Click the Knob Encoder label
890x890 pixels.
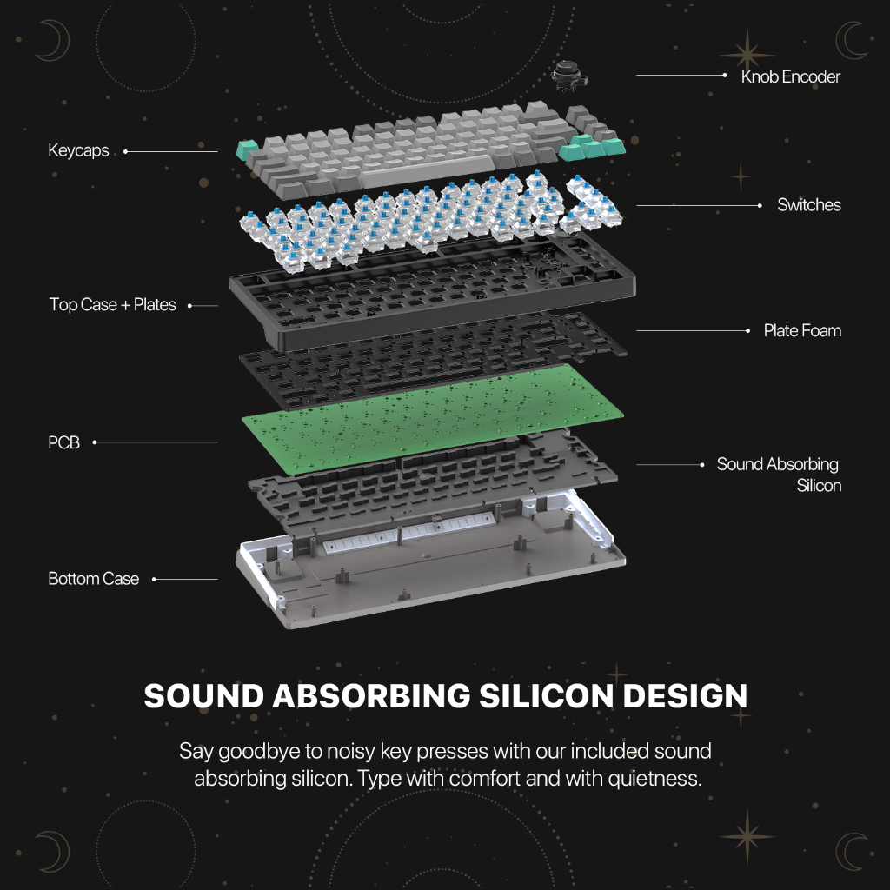tap(790, 76)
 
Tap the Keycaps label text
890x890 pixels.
tap(78, 150)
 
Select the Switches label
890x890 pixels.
tap(809, 205)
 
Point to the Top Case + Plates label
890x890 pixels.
tap(112, 305)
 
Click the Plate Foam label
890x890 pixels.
tap(802, 330)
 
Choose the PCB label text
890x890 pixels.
tap(63, 442)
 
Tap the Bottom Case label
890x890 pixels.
tap(94, 578)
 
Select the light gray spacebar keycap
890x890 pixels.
tap(427, 170)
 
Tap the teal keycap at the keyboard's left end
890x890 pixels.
tap(246, 150)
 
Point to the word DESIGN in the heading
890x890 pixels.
tap(685, 696)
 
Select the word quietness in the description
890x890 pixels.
tap(654, 779)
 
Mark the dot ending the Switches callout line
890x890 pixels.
tap(760, 205)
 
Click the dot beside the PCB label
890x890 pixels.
tap(95, 442)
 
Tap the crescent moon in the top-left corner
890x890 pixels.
tap(55, 40)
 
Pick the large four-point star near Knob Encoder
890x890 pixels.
tap(747, 55)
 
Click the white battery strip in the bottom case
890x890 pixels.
tap(408, 531)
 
